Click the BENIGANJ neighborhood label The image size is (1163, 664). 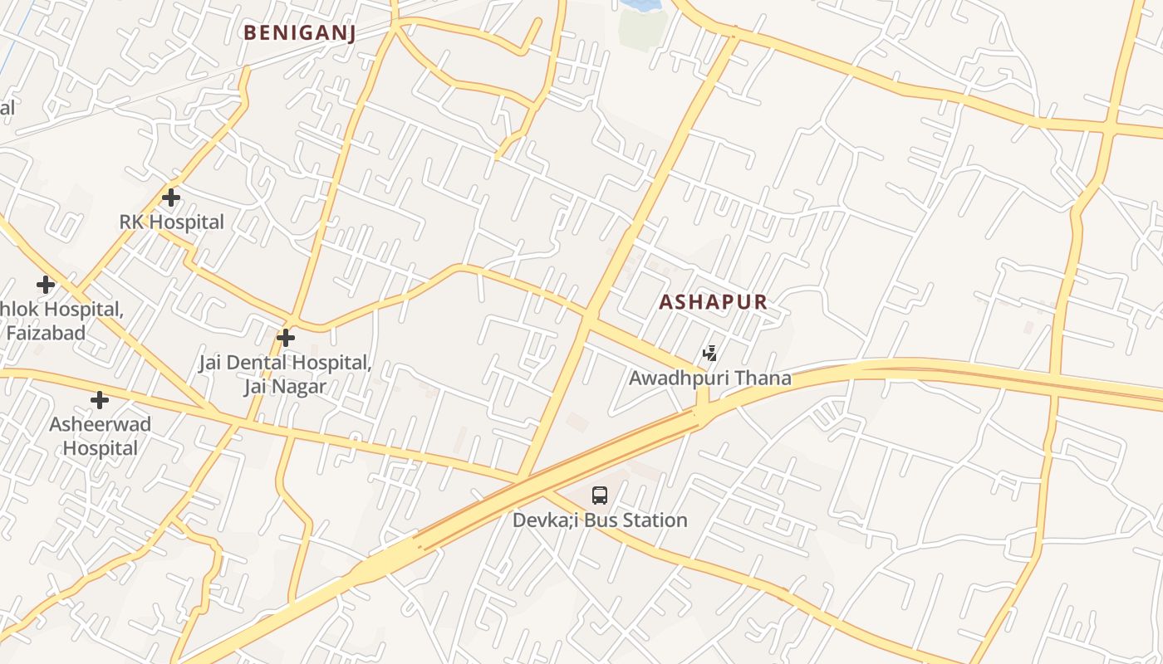[299, 32]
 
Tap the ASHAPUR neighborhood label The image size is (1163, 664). [713, 302]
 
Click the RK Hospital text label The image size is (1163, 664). [171, 222]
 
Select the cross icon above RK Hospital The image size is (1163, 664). [171, 198]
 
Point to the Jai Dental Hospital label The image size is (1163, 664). [284, 363]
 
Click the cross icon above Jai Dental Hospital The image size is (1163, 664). [286, 338]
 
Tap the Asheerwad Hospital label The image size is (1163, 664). [101, 437]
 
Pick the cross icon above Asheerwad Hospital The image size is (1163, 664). [100, 400]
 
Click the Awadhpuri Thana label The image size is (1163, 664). [709, 378]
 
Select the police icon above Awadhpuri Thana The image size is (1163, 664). [709, 354]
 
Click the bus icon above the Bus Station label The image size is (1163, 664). [600, 496]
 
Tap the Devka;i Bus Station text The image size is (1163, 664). [600, 520]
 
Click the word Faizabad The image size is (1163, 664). [47, 334]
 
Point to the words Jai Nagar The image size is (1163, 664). [284, 387]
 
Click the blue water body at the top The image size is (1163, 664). [640, 4]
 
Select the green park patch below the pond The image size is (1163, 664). [643, 29]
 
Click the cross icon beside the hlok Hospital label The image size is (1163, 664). [46, 286]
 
